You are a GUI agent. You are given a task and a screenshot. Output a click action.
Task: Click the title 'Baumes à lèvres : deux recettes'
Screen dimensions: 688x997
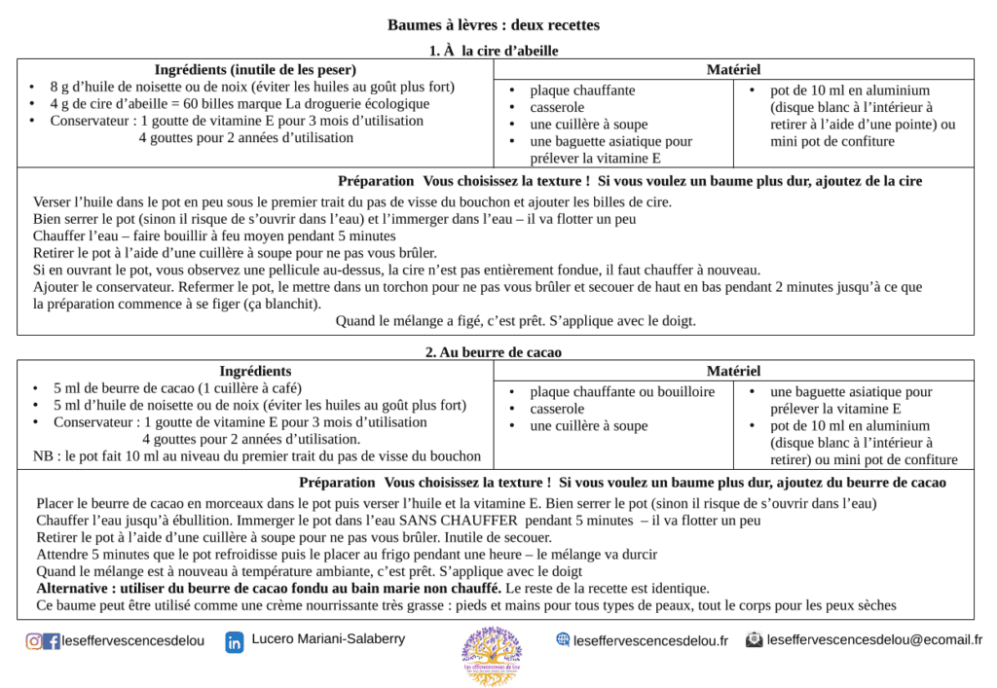[494, 24]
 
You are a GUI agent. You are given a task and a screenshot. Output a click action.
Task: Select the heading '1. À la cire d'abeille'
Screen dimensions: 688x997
[494, 51]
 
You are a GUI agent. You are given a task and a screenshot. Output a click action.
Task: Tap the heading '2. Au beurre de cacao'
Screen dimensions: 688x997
[494, 352]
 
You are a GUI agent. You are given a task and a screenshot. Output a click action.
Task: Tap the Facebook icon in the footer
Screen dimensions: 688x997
[52, 641]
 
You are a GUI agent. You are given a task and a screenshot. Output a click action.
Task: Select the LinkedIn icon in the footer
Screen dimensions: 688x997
[235, 642]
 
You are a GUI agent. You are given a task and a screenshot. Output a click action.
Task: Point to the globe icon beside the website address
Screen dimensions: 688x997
[563, 639]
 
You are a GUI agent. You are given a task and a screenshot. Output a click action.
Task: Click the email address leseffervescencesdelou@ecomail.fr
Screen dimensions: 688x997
[874, 640]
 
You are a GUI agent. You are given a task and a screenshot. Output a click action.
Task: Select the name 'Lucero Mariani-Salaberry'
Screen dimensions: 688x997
[328, 639]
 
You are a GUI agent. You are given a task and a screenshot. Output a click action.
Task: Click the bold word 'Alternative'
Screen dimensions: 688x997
[74, 588]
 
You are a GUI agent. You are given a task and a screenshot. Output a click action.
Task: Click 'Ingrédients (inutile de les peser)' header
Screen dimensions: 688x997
[255, 69]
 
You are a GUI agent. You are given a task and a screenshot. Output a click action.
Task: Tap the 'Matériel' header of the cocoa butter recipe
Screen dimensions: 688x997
[733, 371]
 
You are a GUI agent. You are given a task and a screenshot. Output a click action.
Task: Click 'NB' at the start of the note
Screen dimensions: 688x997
[44, 455]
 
